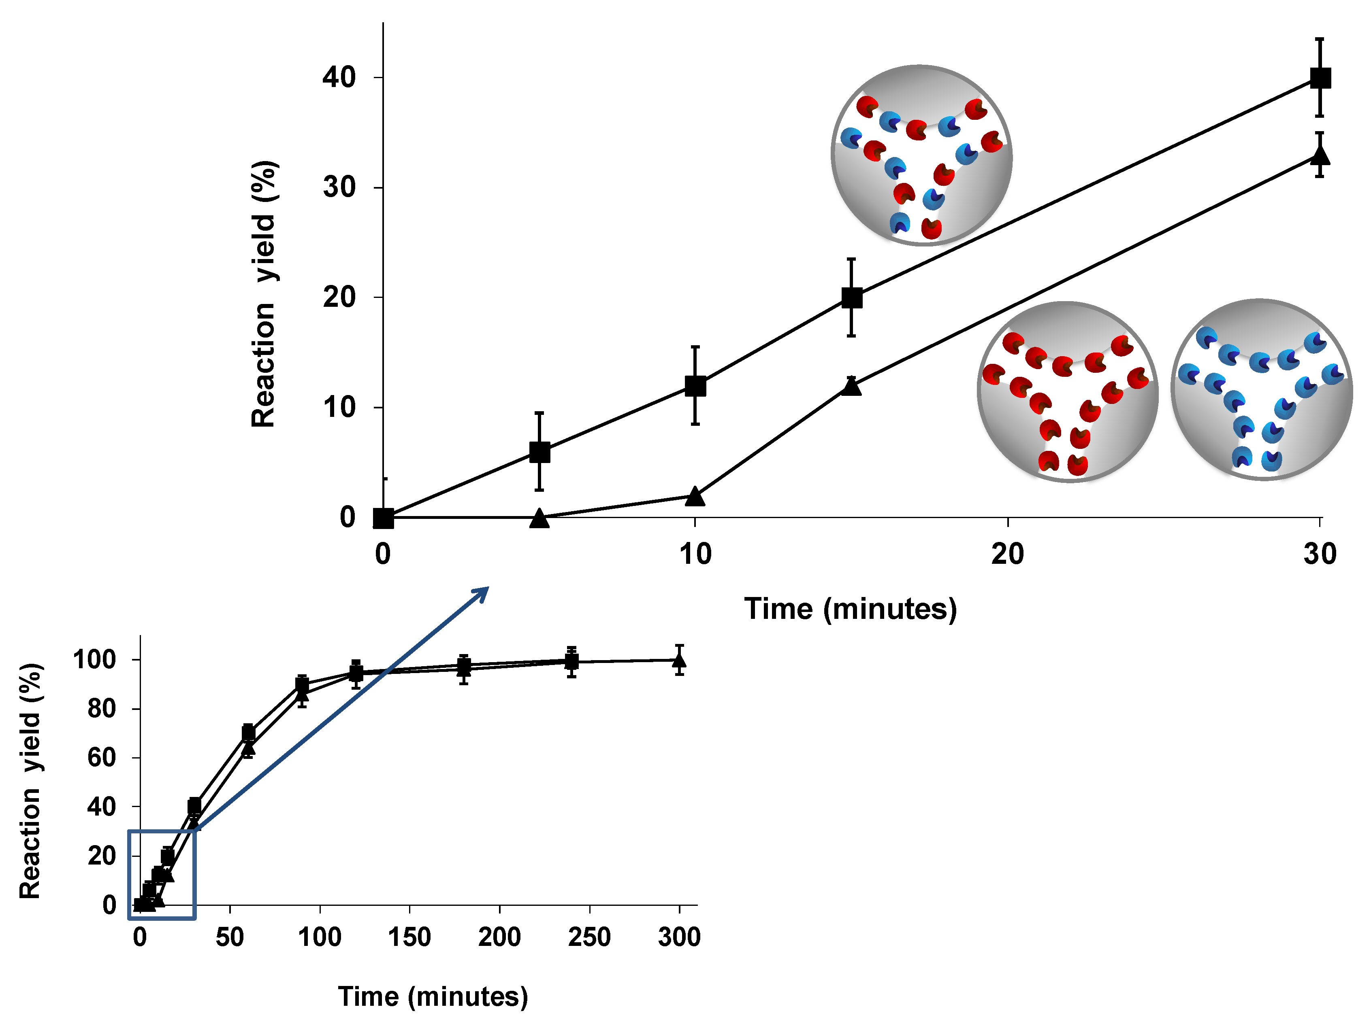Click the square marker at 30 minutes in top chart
[x=1320, y=78]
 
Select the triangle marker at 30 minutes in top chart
[x=1320, y=154]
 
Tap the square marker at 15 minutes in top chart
[x=852, y=298]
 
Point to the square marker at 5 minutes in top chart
[x=540, y=452]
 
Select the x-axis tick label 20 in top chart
[x=1007, y=554]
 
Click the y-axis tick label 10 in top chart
[x=339, y=408]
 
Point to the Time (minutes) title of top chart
[x=851, y=609]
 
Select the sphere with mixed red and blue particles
[x=922, y=155]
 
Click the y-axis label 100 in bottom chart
[x=94, y=660]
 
